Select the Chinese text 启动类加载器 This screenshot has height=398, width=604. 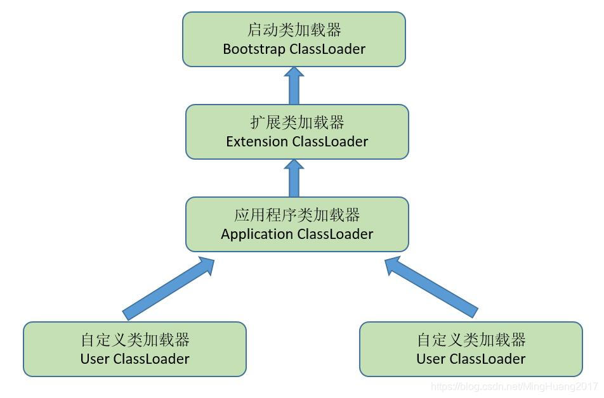294,30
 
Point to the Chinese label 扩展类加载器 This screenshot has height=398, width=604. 297,122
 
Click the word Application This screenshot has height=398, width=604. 257,234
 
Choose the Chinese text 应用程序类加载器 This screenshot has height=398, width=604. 297,215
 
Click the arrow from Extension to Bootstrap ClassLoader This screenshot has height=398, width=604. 294,86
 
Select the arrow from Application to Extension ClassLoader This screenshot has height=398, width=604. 294,178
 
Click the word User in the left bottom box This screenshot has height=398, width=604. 95,359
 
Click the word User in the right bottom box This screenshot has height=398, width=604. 431,359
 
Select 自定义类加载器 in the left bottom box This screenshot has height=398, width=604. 135,340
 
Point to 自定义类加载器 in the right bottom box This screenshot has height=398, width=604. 471,340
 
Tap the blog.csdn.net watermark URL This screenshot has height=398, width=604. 514,386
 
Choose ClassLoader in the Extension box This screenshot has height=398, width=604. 330,141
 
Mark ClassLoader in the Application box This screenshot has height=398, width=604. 335,234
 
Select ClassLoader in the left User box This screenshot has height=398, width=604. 151,359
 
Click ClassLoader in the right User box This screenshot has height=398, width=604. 487,359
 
